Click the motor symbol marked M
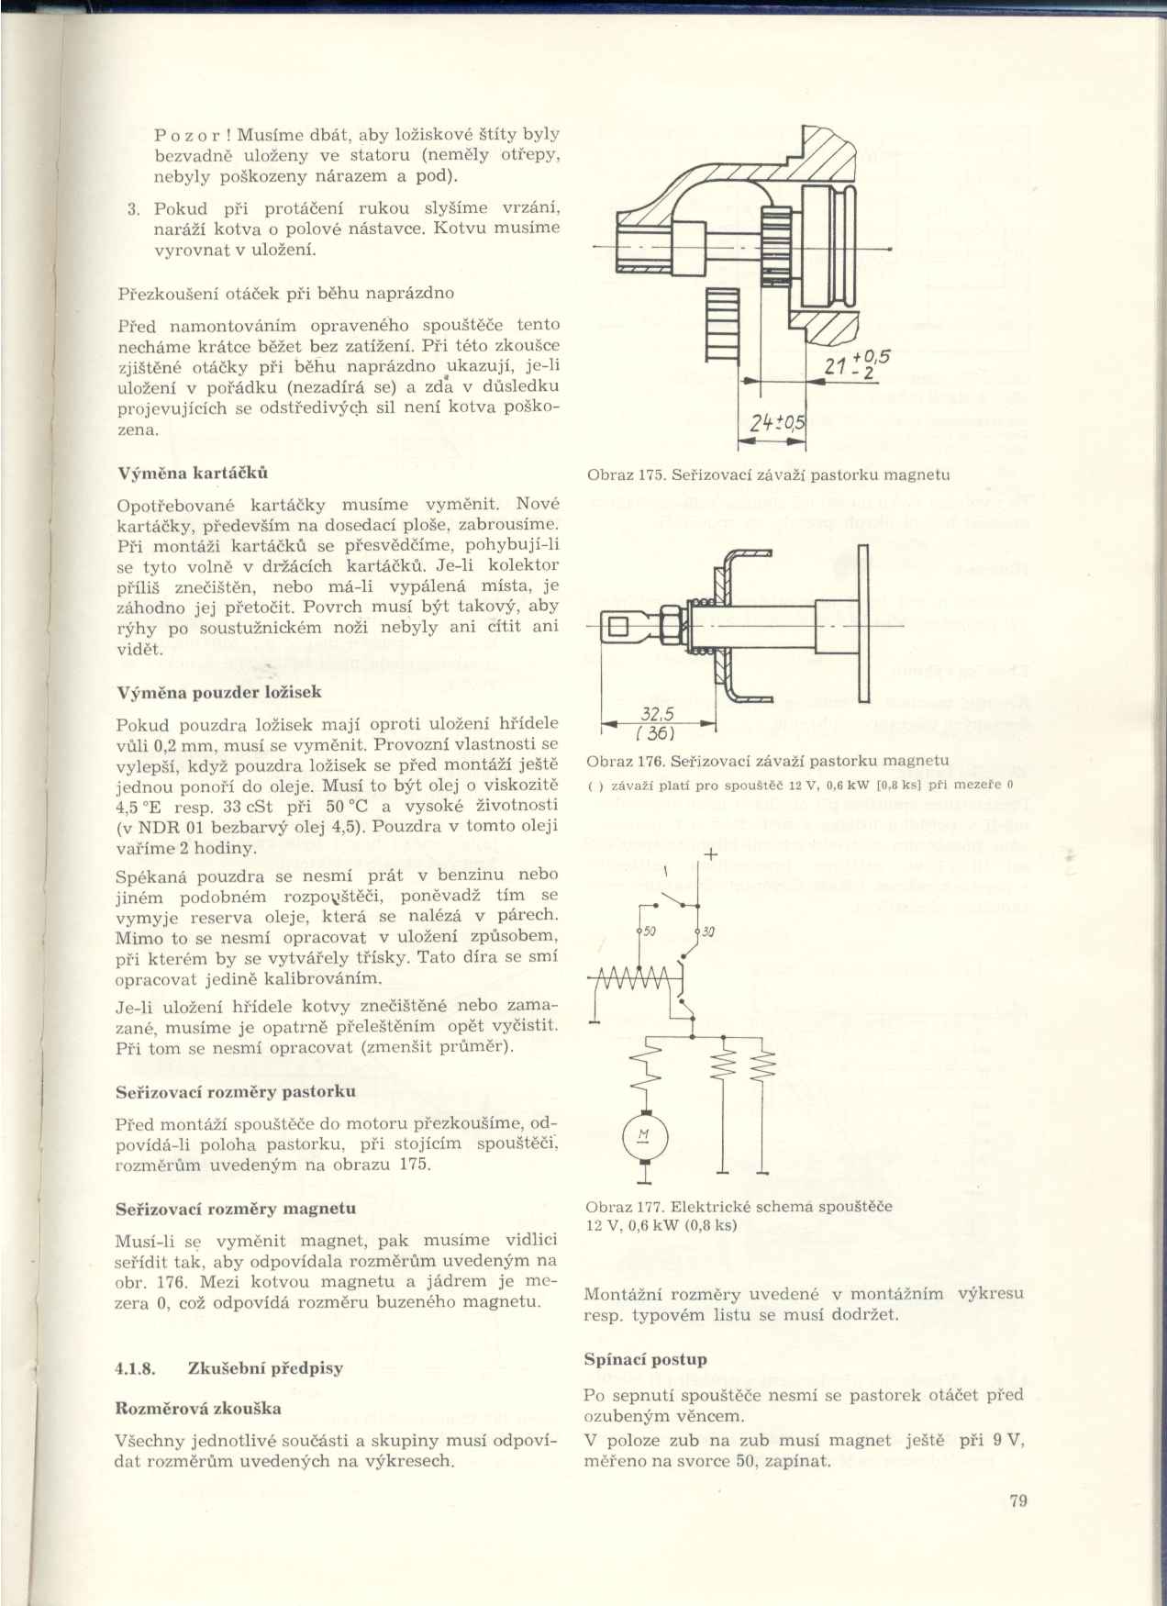pos(643,1137)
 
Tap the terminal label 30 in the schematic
pos(707,932)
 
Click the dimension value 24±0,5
pos(776,422)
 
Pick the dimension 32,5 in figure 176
pos(657,716)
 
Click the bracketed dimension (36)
pos(657,733)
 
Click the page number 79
pos(1017,1501)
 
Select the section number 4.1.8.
pos(134,1368)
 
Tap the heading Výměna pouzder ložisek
pos(219,692)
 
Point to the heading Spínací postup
pos(645,1359)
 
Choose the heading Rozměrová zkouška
pos(198,1409)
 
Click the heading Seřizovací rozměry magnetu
pos(236,1210)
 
